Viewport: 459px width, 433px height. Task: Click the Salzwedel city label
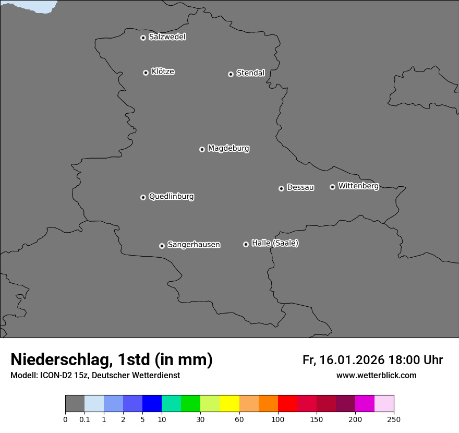[x=167, y=37]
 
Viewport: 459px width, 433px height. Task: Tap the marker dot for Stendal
[x=231, y=74]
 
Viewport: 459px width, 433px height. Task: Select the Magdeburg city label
[x=228, y=148]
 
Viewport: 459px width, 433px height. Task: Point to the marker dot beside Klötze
[x=146, y=73]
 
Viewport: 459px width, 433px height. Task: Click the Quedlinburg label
[x=171, y=196]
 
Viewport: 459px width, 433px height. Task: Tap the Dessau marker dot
[x=281, y=188]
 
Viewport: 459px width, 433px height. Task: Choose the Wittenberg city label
[x=358, y=186]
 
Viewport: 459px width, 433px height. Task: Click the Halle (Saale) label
[x=275, y=243]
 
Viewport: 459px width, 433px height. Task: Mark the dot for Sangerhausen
[x=162, y=246]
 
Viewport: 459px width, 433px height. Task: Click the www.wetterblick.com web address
[x=376, y=375]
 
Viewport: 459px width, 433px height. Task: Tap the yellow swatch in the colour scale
[x=229, y=404]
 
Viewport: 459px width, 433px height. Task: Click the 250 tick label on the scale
[x=394, y=419]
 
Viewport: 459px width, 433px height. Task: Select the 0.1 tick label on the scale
[x=84, y=419]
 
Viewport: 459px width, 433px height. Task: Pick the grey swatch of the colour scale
[x=75, y=404]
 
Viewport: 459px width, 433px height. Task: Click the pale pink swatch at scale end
[x=384, y=404]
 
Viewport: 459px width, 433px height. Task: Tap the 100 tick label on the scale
[x=278, y=419]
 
